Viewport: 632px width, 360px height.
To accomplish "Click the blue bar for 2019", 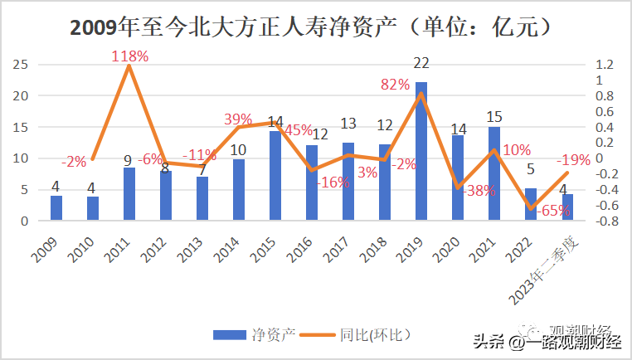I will pyautogui.click(x=421, y=152).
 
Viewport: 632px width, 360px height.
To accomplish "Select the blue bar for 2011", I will pyautogui.click(x=129, y=194).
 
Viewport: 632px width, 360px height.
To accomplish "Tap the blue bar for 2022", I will pyautogui.click(x=531, y=204).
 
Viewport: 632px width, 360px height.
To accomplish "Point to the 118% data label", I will pyautogui.click(x=130, y=56).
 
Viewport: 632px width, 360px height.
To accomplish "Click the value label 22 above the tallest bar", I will pyautogui.click(x=421, y=63).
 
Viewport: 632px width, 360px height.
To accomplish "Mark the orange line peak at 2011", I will pyautogui.click(x=129, y=66).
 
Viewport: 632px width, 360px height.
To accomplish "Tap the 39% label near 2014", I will pyautogui.click(x=238, y=119).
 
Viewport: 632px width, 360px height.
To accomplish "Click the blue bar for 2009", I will pyautogui.click(x=56, y=208).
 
